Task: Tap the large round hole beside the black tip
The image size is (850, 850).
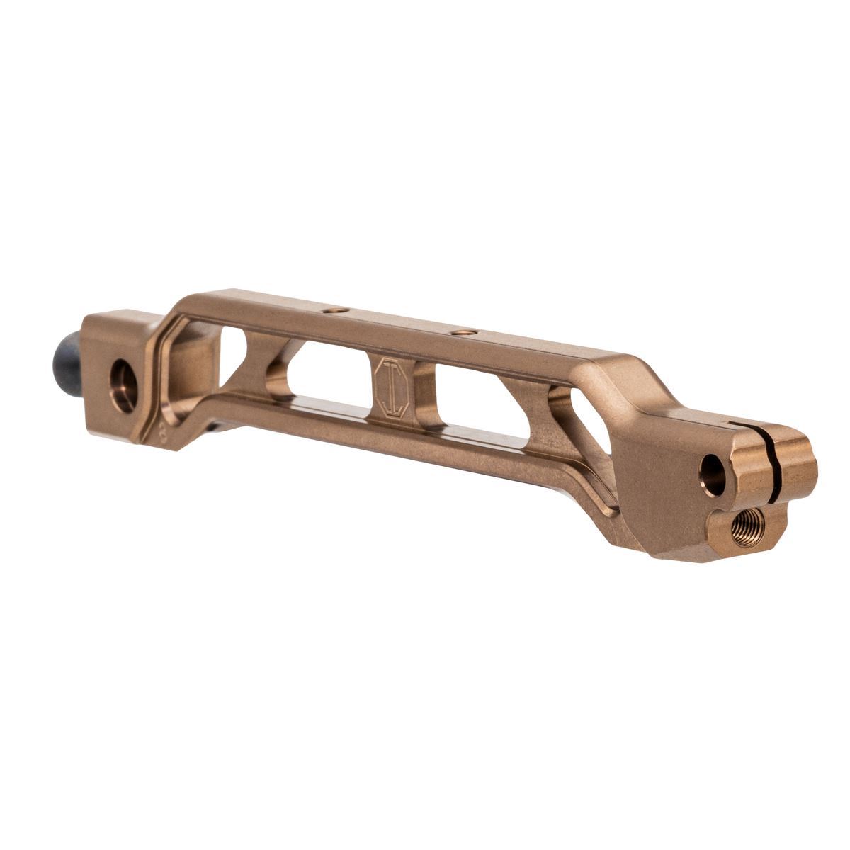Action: (123, 385)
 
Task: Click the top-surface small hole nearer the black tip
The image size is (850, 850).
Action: (333, 311)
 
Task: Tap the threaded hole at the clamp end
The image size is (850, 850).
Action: (744, 528)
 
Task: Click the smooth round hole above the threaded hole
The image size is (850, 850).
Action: (711, 474)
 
